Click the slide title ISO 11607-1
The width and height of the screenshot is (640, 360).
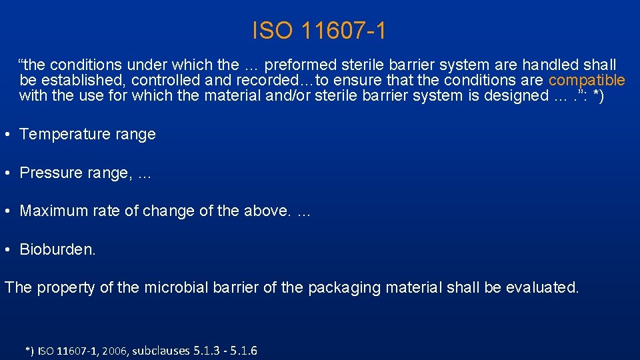pos(319,30)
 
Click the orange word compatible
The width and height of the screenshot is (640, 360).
pos(587,81)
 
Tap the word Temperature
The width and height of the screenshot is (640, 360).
pos(61,134)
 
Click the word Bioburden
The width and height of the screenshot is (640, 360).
pos(57,250)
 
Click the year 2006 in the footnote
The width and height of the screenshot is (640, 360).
pos(112,351)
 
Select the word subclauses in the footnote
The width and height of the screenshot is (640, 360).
pos(161,351)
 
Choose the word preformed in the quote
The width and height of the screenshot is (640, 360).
pos(298,65)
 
